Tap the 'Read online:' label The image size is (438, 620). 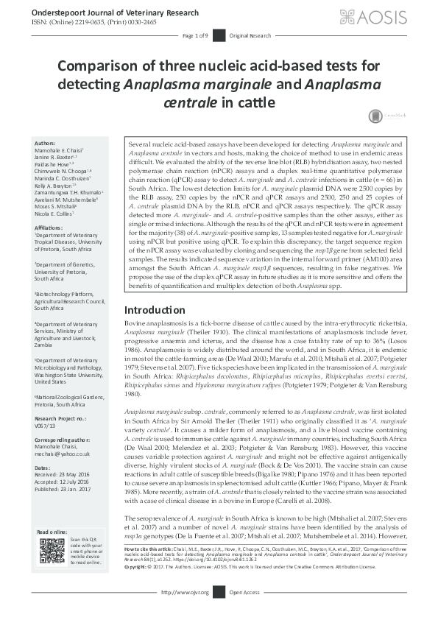[x=51, y=552]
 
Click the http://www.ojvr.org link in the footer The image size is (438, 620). [x=185, y=613]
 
